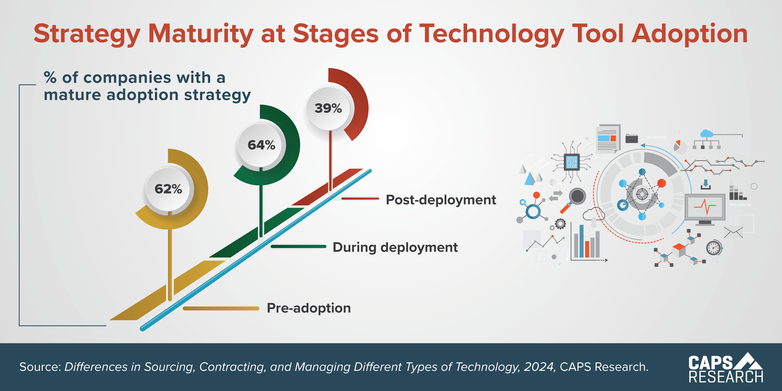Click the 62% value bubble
click(x=168, y=189)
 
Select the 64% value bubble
click(x=261, y=145)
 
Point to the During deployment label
click(x=395, y=247)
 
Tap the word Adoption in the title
click(x=690, y=34)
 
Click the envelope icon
click(x=733, y=232)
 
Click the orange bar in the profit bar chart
click(x=587, y=249)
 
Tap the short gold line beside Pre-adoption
click(x=221, y=308)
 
